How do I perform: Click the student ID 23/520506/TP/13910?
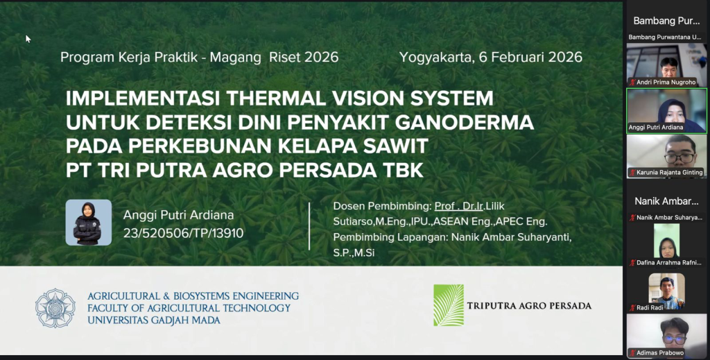(x=183, y=233)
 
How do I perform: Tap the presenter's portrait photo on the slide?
(x=89, y=223)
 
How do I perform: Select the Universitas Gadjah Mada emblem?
(x=55, y=308)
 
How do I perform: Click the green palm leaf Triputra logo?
(x=449, y=305)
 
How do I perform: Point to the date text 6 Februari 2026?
(x=530, y=57)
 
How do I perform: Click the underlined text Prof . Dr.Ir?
(x=459, y=206)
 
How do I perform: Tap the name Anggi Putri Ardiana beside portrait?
(x=178, y=215)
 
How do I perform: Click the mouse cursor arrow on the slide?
(x=28, y=39)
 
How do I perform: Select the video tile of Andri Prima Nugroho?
(x=666, y=65)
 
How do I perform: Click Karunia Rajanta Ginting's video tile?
(x=666, y=156)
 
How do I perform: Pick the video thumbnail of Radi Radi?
(x=666, y=291)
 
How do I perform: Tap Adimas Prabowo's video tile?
(x=666, y=336)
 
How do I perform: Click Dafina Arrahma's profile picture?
(x=666, y=241)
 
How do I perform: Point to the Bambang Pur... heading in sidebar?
(x=666, y=21)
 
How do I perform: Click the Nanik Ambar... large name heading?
(x=666, y=201)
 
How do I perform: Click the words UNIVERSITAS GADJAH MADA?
(x=154, y=320)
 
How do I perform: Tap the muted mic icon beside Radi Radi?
(x=632, y=308)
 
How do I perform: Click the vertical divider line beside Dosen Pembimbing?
(x=309, y=226)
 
